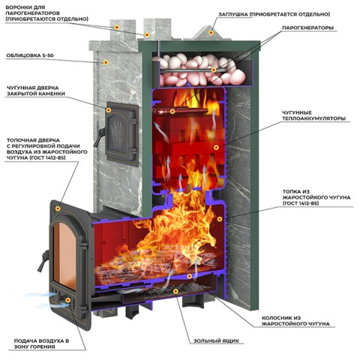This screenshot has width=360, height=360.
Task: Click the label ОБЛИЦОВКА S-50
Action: tap(30, 55)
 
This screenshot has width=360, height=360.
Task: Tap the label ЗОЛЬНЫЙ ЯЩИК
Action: tap(216, 340)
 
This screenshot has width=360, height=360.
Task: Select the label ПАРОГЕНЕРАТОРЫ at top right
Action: tap(307, 28)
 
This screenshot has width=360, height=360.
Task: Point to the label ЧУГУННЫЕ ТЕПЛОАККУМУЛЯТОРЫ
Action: tap(313, 115)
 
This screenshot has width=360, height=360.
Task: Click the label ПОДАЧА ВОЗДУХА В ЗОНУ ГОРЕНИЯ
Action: tap(41, 343)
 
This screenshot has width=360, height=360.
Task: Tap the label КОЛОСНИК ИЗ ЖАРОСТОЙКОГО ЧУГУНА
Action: tap(295, 321)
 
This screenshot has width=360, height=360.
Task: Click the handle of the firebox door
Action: tap(43, 261)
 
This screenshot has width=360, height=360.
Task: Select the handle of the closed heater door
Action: tap(98, 137)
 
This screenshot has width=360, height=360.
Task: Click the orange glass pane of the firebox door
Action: tap(65, 255)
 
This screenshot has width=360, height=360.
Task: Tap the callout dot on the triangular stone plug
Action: tap(211, 32)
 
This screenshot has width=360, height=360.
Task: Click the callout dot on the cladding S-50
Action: tap(106, 62)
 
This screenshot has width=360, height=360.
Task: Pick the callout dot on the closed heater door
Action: tap(108, 110)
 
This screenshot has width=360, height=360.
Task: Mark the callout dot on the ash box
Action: tap(175, 291)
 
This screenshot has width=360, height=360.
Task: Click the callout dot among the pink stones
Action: tap(214, 70)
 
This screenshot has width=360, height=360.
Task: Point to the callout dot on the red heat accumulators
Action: tap(216, 148)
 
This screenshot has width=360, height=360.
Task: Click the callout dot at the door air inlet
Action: tap(67, 300)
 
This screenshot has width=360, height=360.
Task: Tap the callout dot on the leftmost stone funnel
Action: tap(117, 27)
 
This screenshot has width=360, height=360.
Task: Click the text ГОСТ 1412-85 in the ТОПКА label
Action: tap(301, 203)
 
